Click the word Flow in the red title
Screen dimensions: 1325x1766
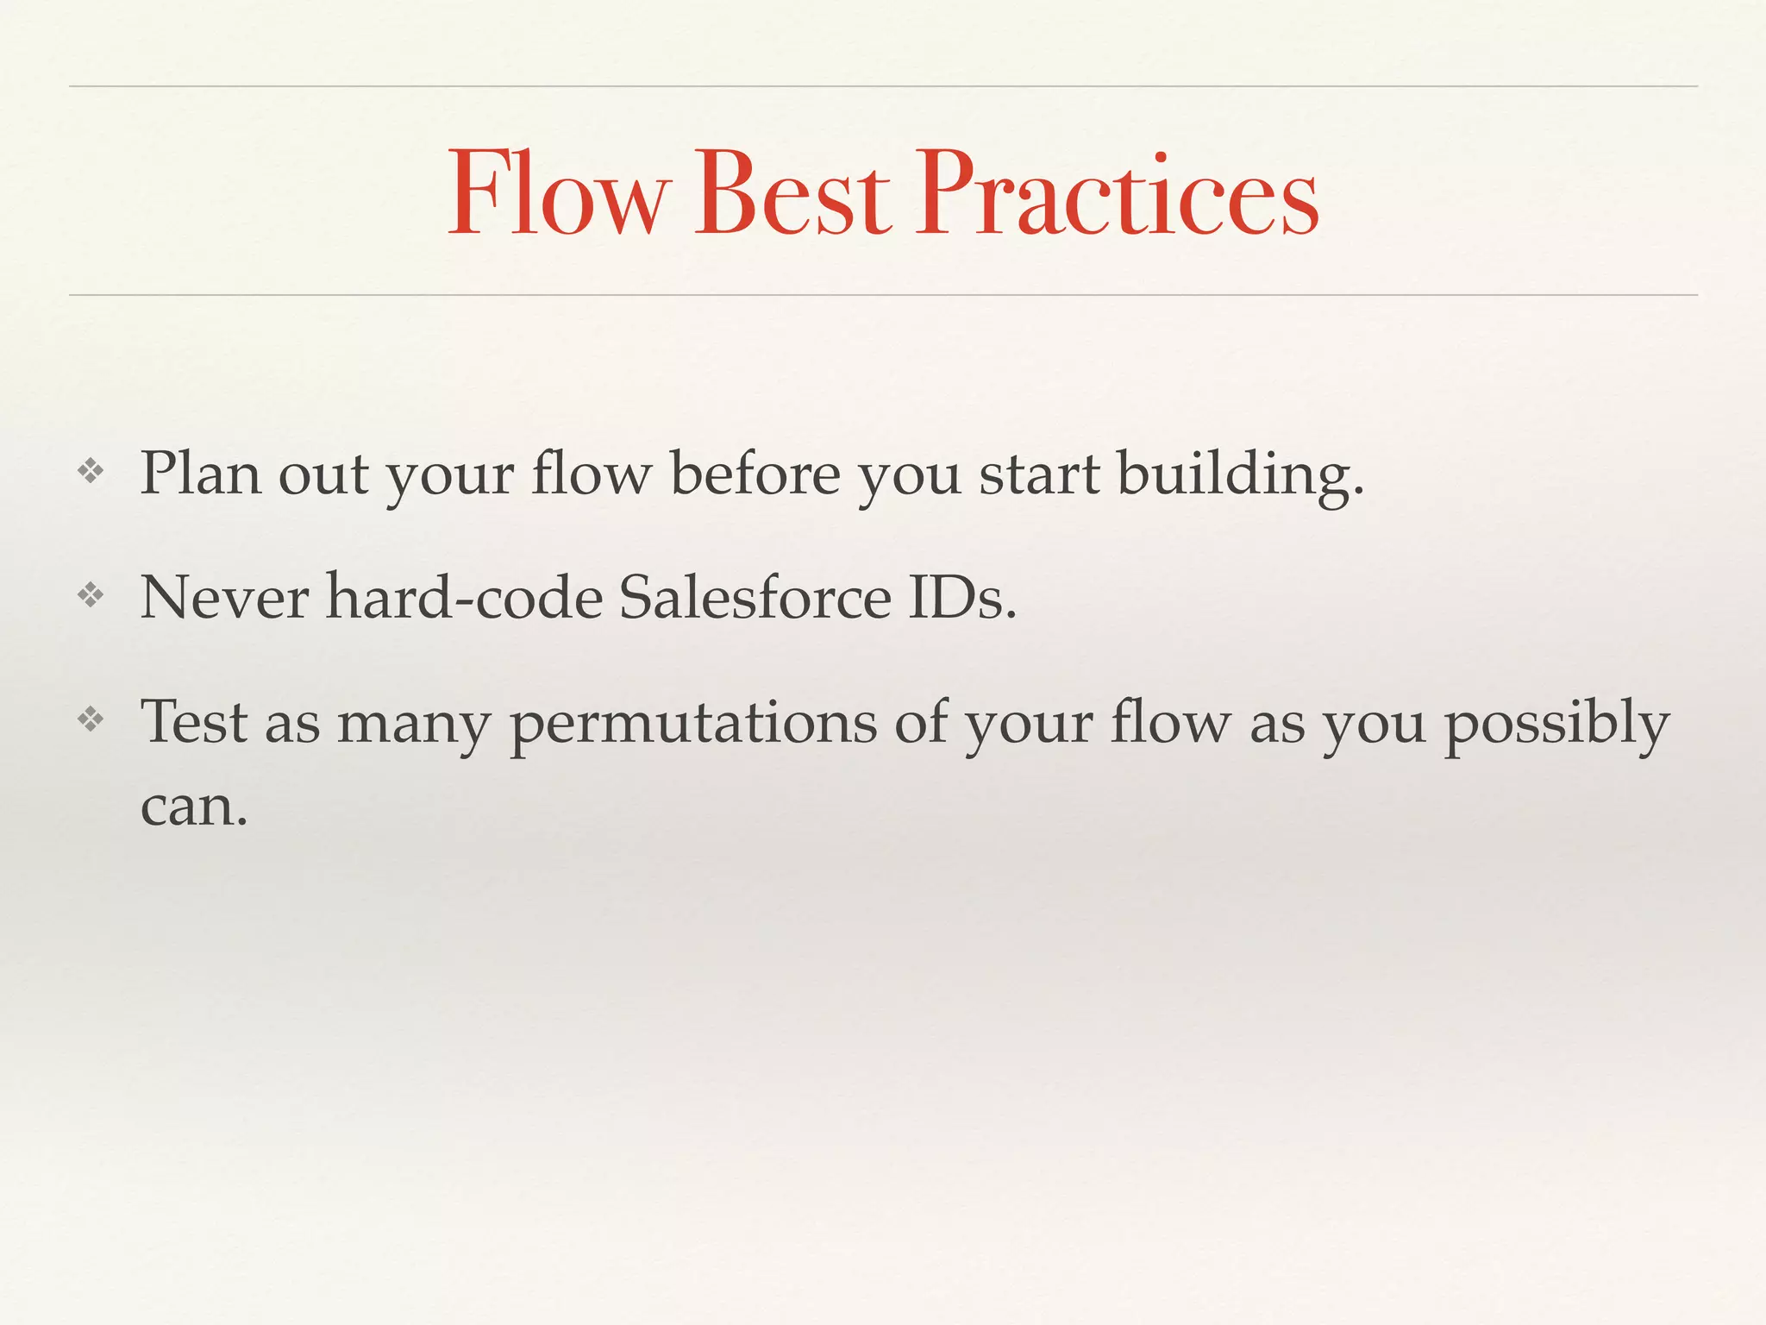pos(558,193)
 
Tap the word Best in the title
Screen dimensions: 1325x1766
pos(792,193)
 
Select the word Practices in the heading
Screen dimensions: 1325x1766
pos(1117,193)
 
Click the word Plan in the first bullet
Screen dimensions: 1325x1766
pos(200,474)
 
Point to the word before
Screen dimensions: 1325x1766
pos(755,474)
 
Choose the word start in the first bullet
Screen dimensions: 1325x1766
pos(1039,474)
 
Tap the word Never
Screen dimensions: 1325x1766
pos(224,597)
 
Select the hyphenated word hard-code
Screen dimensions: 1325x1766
pos(464,597)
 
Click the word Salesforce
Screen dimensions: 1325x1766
pos(755,597)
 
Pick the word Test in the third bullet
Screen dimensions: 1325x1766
pos(194,722)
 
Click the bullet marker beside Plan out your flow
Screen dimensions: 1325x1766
pos(91,471)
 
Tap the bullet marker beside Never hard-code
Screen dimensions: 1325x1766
pos(91,594)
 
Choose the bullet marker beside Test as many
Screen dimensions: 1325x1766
pos(91,719)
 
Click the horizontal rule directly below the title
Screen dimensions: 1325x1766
pos(883,295)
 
